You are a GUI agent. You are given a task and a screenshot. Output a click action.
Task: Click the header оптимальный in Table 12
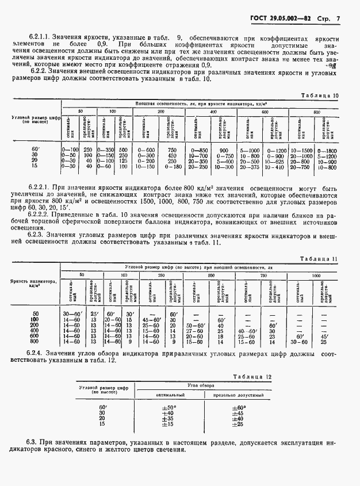[x=168, y=396]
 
